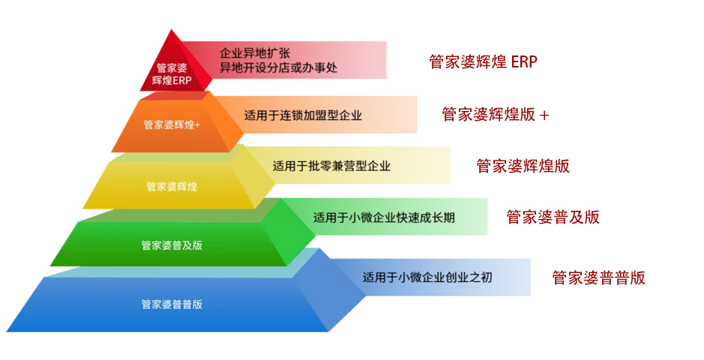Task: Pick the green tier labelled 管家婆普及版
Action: click(172, 245)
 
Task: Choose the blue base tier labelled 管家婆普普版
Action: click(172, 304)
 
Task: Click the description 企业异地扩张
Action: click(254, 53)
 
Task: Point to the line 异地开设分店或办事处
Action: click(278, 67)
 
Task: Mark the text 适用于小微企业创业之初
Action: click(427, 277)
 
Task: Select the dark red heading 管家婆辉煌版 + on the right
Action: click(496, 115)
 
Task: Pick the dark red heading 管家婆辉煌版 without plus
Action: click(523, 166)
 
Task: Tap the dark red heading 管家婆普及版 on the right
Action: click(553, 217)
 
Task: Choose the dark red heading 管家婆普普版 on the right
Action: click(598, 277)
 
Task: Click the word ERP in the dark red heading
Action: click(524, 61)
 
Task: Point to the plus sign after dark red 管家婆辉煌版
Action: click(544, 115)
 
